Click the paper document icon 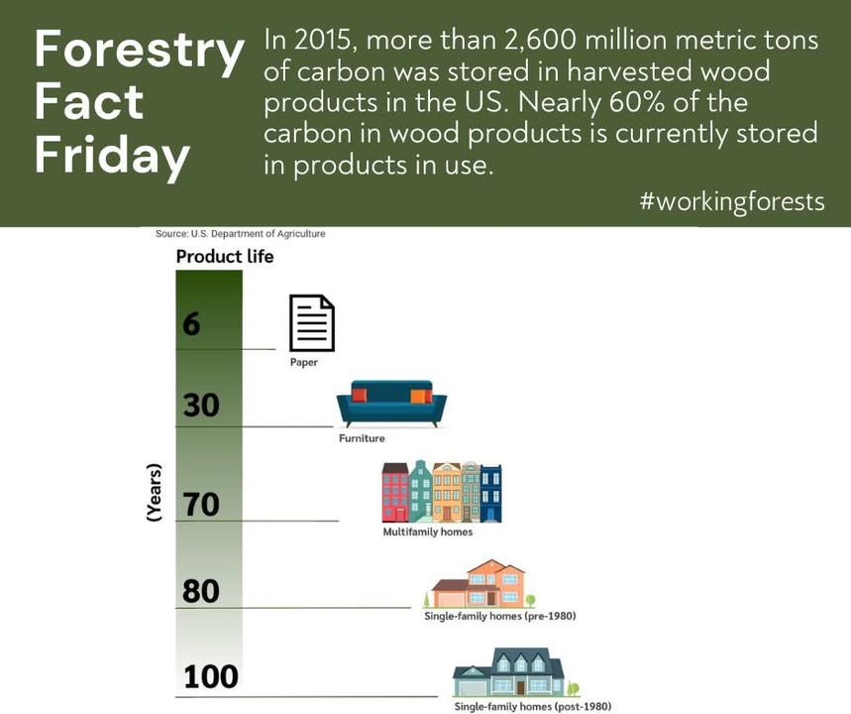coord(311,322)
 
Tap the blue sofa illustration coord(391,404)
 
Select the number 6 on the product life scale coord(191,324)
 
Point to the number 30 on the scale coord(201,406)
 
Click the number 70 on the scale coord(201,504)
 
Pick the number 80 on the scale coord(201,591)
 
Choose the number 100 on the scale coord(211,676)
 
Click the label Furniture coord(362,438)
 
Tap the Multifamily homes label coord(428,532)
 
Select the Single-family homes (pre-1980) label coord(500,616)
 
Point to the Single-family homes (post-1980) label coord(532,706)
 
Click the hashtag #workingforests coord(732,202)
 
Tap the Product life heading coord(225,257)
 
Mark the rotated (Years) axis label coord(155,493)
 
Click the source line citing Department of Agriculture coord(241,234)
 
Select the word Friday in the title coord(112,157)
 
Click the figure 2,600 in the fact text coord(540,42)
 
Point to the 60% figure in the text coord(637,103)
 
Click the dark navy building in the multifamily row coord(491,494)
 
